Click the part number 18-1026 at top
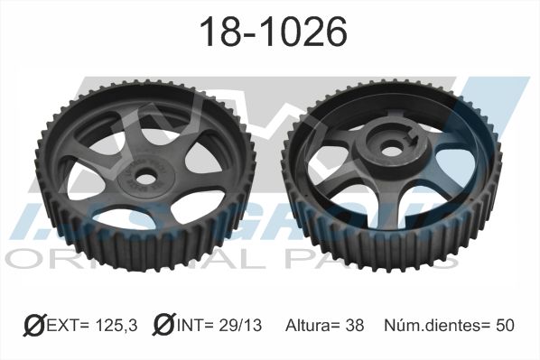point(272,33)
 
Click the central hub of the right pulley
point(390,149)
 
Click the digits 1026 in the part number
point(301,33)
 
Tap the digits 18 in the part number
point(216,33)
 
